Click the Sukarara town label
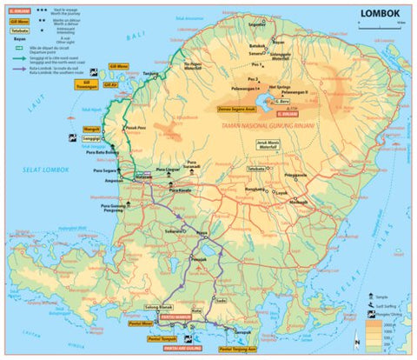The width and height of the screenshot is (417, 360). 177,232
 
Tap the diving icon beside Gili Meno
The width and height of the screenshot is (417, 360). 94,68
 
